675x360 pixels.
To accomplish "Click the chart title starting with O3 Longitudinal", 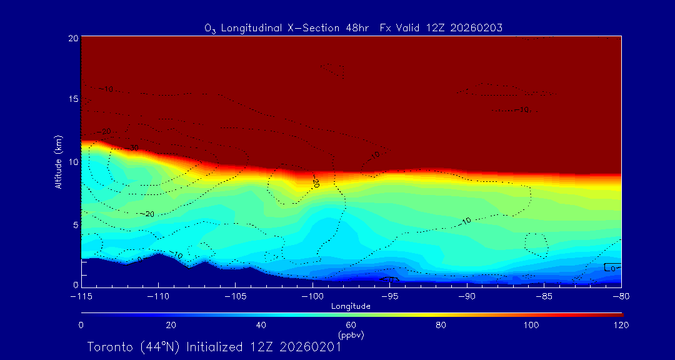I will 354,27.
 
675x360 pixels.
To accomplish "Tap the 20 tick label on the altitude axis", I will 72,38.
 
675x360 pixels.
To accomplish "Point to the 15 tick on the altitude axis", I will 72,99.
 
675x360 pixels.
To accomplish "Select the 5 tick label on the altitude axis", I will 75,224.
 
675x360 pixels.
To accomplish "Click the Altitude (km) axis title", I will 58,162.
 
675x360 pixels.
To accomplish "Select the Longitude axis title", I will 351,306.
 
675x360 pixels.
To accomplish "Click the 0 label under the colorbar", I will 81,325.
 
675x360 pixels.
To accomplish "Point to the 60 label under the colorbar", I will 351,325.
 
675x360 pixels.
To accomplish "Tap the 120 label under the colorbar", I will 621,325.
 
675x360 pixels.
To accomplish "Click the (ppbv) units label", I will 351,335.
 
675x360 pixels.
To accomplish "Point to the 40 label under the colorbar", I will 261,325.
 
